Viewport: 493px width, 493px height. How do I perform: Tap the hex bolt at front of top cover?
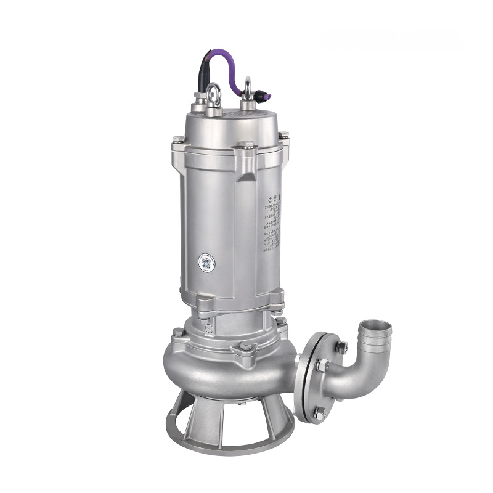[246, 145]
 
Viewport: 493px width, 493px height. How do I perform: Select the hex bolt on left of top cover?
[177, 139]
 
